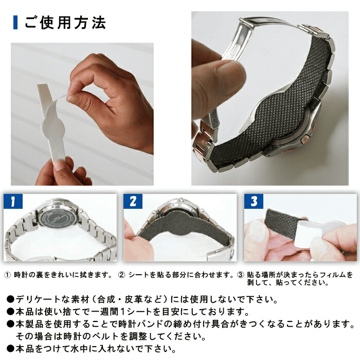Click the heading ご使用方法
pyautogui.click(x=65, y=23)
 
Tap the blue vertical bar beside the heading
pyautogui.click(x=15, y=23)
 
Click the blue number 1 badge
pyautogui.click(x=13, y=201)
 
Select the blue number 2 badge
pyautogui.click(x=133, y=201)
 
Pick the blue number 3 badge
pyautogui.click(x=254, y=201)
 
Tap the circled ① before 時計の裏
pyautogui.click(x=8, y=275)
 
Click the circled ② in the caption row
pyautogui.click(x=121, y=275)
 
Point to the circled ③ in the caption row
pyautogui.click(x=240, y=275)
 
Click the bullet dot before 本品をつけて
pyautogui.click(x=10, y=349)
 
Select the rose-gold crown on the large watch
pyautogui.click(x=307, y=139)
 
